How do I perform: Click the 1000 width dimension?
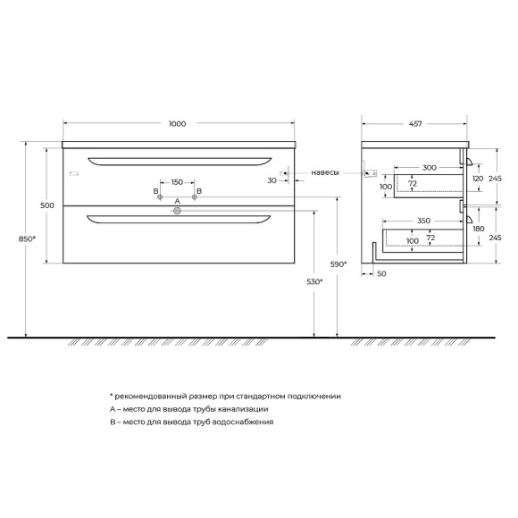[x=178, y=124]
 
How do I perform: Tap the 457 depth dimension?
[x=415, y=124]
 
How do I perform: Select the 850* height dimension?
[x=27, y=238]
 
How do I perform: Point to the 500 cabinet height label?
[x=47, y=205]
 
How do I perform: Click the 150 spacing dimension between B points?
[x=177, y=182]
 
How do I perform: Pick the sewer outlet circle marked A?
[x=178, y=211]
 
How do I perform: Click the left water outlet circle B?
[x=160, y=197]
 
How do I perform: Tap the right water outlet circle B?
[x=195, y=197]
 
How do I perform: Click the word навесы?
[x=325, y=172]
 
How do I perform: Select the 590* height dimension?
[x=338, y=264]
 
